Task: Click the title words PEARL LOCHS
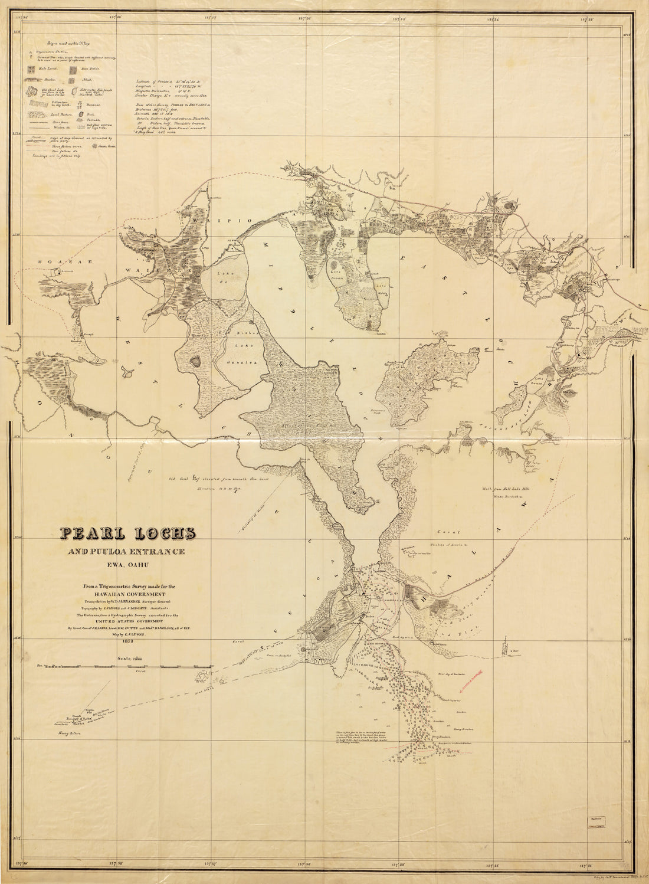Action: coord(127,533)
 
